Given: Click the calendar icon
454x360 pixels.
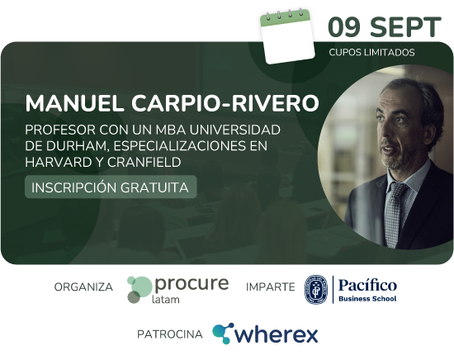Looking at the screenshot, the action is pos(286,36).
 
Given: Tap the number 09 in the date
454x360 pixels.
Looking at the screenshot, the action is pos(344,27).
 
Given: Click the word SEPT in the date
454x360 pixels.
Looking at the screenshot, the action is pos(405,27).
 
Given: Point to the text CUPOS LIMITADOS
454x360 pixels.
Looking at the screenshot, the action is pos(371,52).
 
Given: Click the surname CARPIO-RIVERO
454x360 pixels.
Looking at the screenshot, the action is pos(225,103).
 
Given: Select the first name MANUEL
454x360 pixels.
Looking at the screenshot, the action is pos(74,103).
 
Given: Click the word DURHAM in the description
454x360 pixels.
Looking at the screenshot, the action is pos(78,145).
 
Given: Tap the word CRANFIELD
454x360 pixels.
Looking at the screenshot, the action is pos(144,162).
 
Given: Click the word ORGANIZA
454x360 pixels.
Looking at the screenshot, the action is pos(83,287).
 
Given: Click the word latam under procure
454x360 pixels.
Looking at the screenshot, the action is pos(166,300).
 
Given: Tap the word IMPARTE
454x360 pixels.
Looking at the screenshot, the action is pos(271,287).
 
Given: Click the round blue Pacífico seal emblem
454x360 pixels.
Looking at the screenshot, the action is pos(316,290).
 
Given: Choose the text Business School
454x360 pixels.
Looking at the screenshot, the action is pos(367,299).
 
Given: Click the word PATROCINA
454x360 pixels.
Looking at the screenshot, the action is pos(170,334).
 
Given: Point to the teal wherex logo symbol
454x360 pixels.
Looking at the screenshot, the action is pos(223,333).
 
